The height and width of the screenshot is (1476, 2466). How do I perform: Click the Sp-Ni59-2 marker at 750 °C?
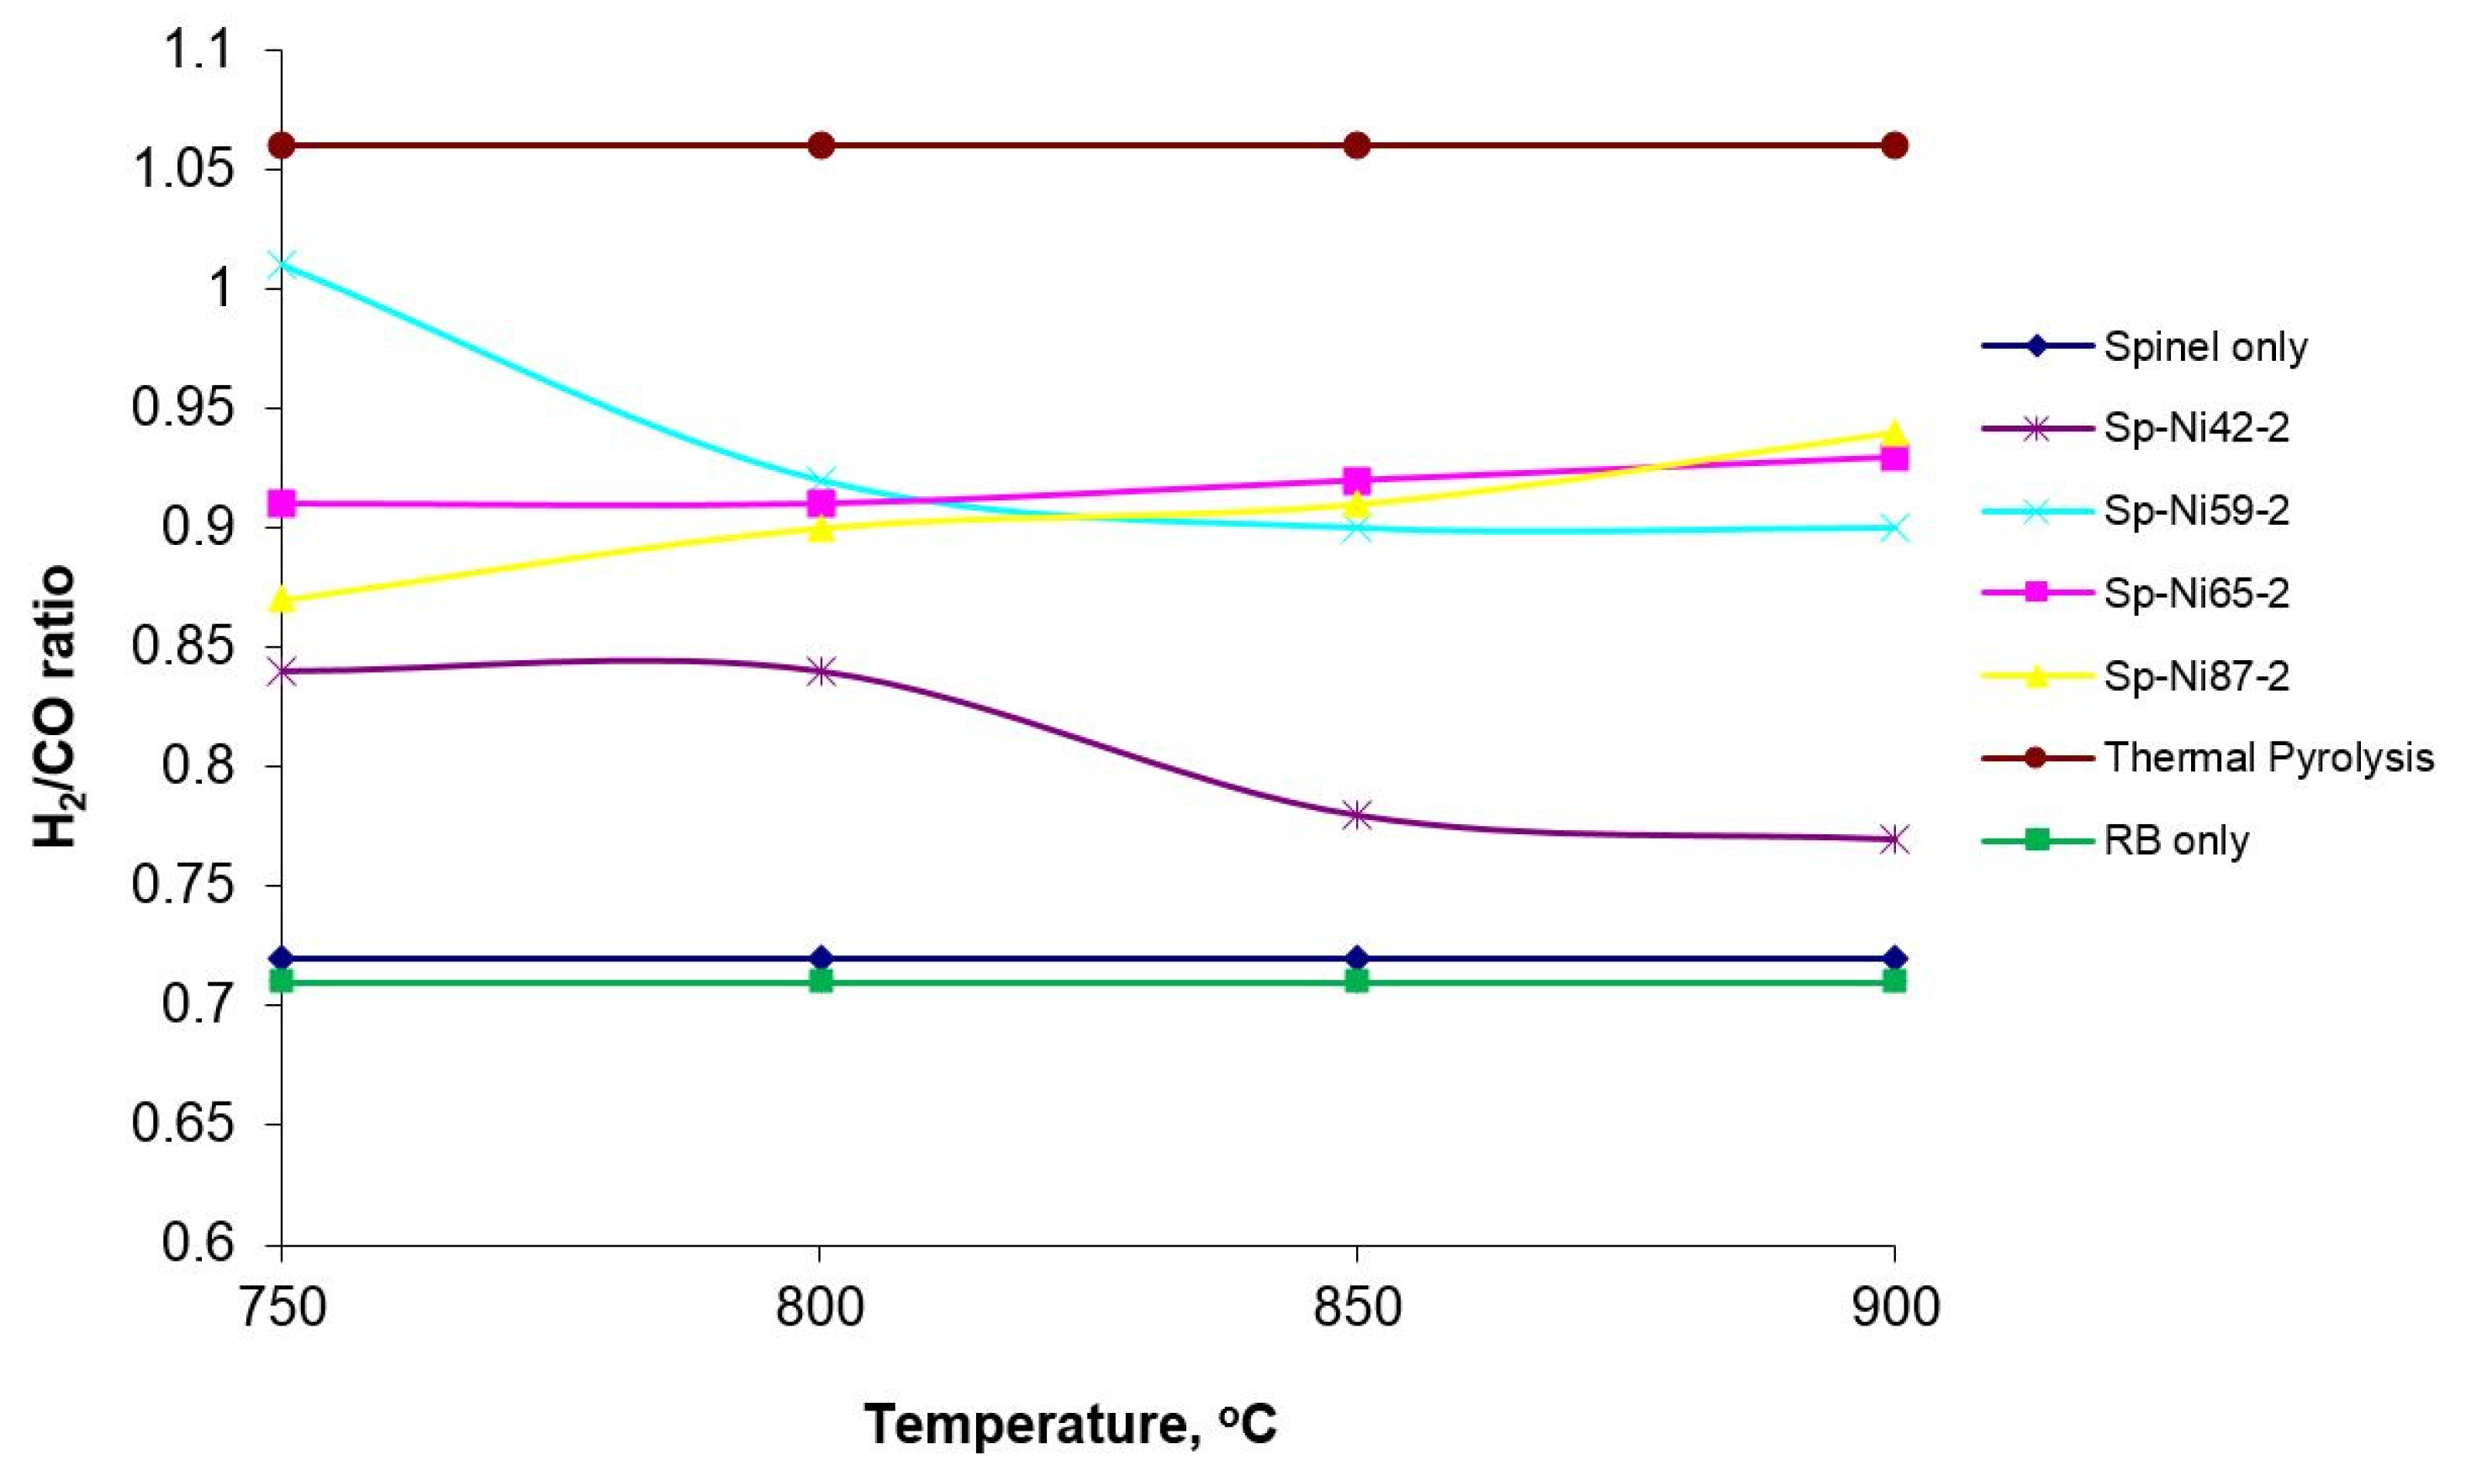click(x=282, y=265)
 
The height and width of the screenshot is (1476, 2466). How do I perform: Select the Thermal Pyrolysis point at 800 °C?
click(x=821, y=146)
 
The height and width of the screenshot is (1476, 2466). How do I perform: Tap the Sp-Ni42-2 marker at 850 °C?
click(x=1357, y=816)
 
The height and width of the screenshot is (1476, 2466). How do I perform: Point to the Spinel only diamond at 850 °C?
click(x=1357, y=959)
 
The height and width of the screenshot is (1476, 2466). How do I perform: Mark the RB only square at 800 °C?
click(x=821, y=981)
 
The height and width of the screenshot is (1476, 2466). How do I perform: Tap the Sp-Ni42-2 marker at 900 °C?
click(x=1894, y=839)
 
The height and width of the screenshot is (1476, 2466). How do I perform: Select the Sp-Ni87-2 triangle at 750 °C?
click(x=282, y=600)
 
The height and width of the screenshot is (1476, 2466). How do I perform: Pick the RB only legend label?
click(x=2177, y=841)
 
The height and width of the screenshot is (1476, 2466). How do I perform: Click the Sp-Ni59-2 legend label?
click(x=2196, y=511)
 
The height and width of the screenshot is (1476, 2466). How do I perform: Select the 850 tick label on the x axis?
click(x=1357, y=1307)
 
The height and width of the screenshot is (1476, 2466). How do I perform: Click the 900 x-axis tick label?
click(x=1894, y=1307)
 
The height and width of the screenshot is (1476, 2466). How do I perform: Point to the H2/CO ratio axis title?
click(x=55, y=707)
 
